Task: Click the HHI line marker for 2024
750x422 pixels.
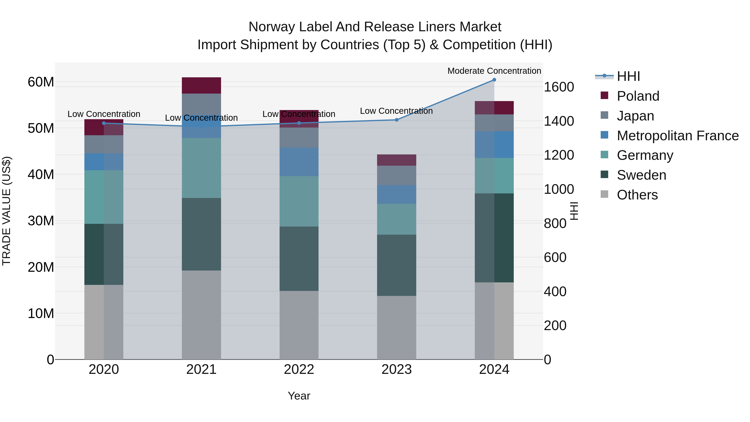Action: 494,80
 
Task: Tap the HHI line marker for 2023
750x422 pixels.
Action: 396,120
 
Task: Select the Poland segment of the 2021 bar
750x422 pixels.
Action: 201,85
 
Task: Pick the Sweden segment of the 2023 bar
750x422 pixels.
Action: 396,265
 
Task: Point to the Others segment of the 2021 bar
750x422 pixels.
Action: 201,314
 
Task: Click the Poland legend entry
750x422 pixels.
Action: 638,96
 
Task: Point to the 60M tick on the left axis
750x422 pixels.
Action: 41,82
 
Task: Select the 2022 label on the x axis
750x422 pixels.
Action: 299,369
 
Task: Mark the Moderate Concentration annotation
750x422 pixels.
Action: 494,71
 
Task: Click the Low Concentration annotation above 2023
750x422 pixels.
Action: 396,111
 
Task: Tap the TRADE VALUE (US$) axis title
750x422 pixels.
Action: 6,211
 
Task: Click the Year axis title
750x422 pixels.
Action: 299,396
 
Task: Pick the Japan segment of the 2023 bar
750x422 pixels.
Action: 396,175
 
